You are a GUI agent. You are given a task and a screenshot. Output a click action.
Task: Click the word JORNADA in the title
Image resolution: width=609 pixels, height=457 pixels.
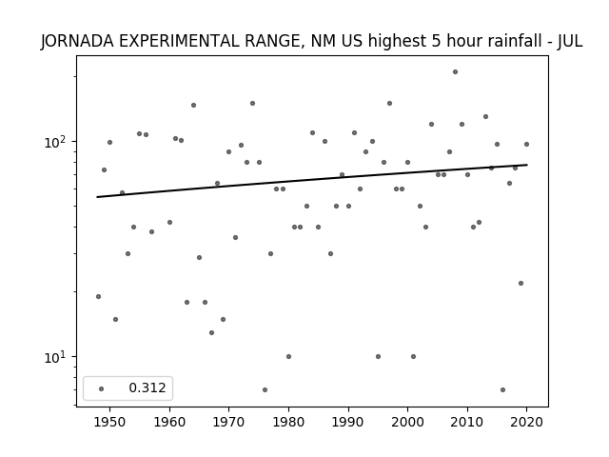(x=77, y=41)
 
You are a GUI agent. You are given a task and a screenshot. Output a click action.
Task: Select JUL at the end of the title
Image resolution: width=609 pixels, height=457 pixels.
(x=570, y=41)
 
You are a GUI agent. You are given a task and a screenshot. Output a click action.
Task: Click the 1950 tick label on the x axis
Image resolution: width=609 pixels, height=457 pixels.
(x=110, y=422)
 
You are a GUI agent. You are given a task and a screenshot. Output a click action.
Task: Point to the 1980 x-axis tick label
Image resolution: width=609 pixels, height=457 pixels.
(x=288, y=422)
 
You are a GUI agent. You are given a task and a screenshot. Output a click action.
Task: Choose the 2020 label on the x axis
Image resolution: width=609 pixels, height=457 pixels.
(x=526, y=422)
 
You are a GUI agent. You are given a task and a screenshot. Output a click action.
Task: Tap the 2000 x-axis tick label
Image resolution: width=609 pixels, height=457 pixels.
(x=407, y=422)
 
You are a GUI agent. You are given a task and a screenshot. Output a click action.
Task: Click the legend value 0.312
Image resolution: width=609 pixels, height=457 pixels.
(x=147, y=387)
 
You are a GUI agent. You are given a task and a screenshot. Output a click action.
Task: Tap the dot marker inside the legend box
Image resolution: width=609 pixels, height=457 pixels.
(x=102, y=388)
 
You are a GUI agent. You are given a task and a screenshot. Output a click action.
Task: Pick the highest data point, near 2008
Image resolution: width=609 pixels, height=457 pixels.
(x=455, y=72)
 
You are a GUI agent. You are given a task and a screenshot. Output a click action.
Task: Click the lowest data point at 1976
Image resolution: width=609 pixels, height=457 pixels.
(x=265, y=389)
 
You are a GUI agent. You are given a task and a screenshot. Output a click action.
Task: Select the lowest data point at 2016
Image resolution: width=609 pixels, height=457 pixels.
(x=503, y=389)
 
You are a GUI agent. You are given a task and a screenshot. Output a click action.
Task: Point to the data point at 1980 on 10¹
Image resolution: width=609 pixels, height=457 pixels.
(x=288, y=356)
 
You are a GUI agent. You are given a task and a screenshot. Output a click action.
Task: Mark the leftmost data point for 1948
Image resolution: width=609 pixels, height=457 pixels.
(x=98, y=296)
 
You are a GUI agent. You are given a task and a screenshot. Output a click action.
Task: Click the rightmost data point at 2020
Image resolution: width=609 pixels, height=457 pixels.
(x=526, y=144)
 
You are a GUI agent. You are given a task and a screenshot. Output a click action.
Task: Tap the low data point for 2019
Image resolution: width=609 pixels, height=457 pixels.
(x=521, y=284)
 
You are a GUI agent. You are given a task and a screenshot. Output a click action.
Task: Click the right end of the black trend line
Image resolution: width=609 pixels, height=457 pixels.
(x=527, y=165)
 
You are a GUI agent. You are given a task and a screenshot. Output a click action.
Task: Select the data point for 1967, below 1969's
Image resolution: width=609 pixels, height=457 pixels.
(x=211, y=332)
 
